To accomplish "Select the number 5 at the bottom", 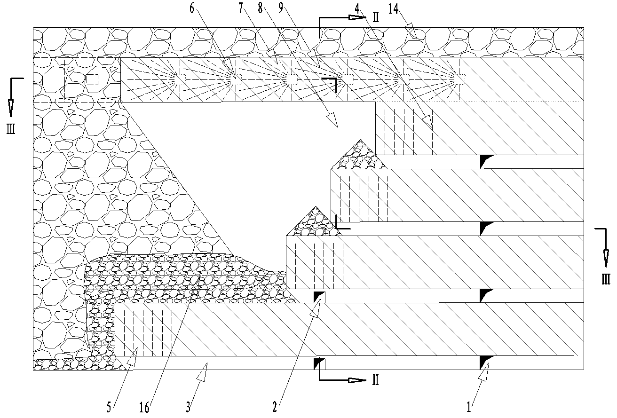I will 109,407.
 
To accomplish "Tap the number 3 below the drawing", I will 188,407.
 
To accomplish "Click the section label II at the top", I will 375,18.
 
